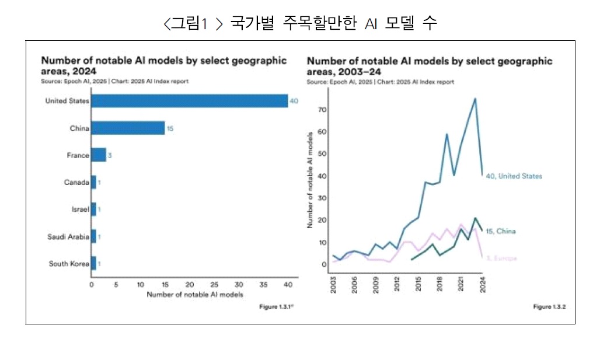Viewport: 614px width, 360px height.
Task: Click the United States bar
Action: point(189,101)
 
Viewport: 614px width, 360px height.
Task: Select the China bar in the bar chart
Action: point(128,128)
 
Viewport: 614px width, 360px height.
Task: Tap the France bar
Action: point(99,155)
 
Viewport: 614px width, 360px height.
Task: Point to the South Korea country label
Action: point(69,264)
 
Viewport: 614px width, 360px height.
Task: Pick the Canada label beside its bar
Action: point(76,182)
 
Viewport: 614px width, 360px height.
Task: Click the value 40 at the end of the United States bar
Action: point(294,101)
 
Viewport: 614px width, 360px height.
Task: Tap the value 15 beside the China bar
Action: point(170,128)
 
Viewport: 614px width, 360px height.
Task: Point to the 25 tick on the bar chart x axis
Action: point(214,285)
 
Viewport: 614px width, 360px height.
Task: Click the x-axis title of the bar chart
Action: point(195,294)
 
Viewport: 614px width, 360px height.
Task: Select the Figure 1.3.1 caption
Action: point(275,307)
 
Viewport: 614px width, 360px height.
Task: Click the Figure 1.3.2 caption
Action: point(549,307)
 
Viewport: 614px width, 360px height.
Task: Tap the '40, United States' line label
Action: point(514,176)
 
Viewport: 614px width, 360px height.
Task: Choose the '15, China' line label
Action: point(501,231)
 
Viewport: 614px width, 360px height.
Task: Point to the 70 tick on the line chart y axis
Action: point(322,109)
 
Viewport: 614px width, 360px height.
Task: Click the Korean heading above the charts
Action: point(301,24)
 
